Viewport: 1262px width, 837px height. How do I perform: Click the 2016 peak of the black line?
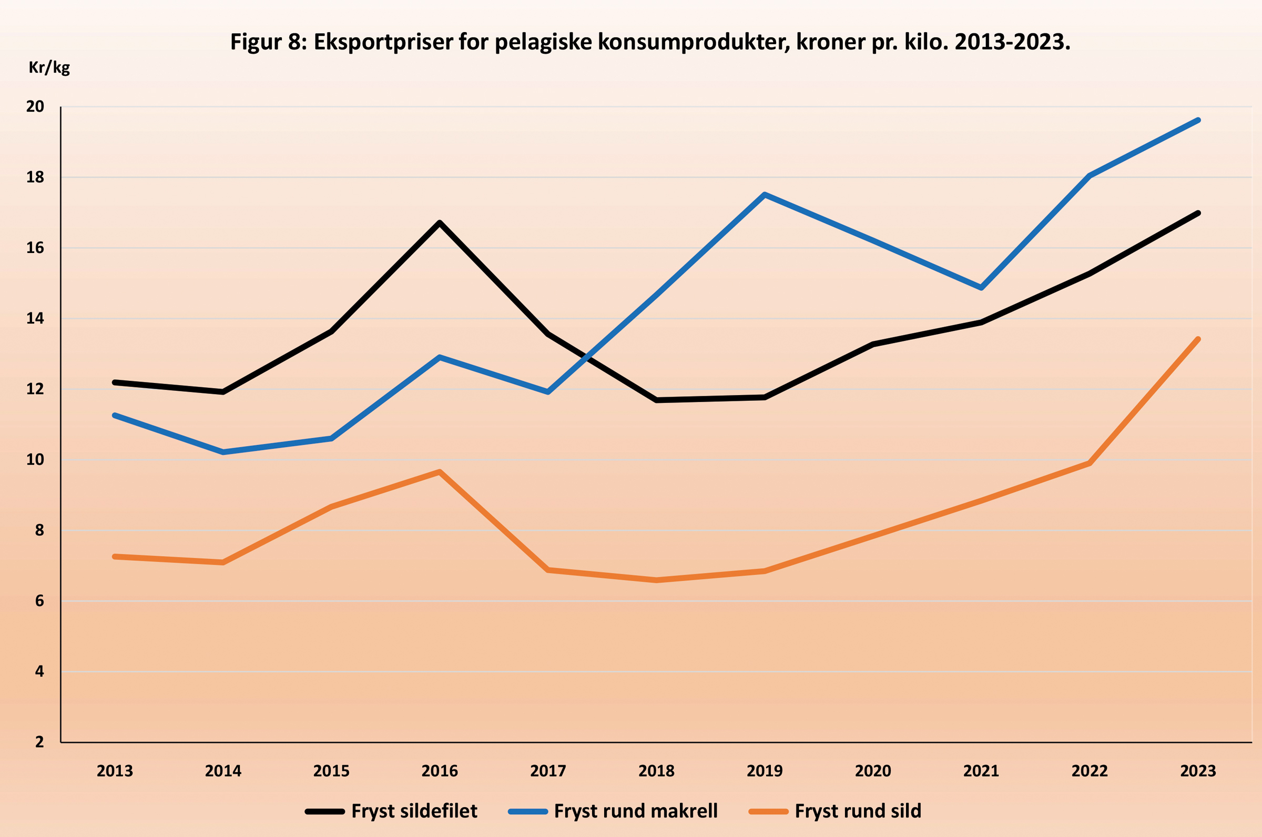pos(440,223)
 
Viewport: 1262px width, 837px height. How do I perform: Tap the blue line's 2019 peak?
pos(765,195)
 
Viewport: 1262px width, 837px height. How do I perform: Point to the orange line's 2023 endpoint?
pos(1198,339)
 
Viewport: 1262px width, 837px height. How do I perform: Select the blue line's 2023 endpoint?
pos(1198,120)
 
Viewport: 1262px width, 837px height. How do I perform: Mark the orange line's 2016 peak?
pos(440,472)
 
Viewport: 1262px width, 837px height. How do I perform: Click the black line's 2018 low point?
pos(656,400)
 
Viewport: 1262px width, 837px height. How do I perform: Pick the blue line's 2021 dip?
pos(981,288)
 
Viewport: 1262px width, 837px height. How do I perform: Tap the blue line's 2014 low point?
pos(223,452)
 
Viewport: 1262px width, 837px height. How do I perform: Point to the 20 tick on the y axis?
pos(35,107)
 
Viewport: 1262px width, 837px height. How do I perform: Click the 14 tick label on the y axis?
pos(35,319)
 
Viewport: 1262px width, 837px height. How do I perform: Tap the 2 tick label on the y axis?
pos(39,741)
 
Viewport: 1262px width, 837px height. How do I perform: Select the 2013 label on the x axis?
pos(115,771)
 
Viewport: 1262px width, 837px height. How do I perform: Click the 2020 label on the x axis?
pos(873,771)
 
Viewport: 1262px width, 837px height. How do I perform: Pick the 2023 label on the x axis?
pos(1198,771)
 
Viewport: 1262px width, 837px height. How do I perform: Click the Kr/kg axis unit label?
pos(49,68)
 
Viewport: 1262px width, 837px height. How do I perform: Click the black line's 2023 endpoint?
pos(1198,214)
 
